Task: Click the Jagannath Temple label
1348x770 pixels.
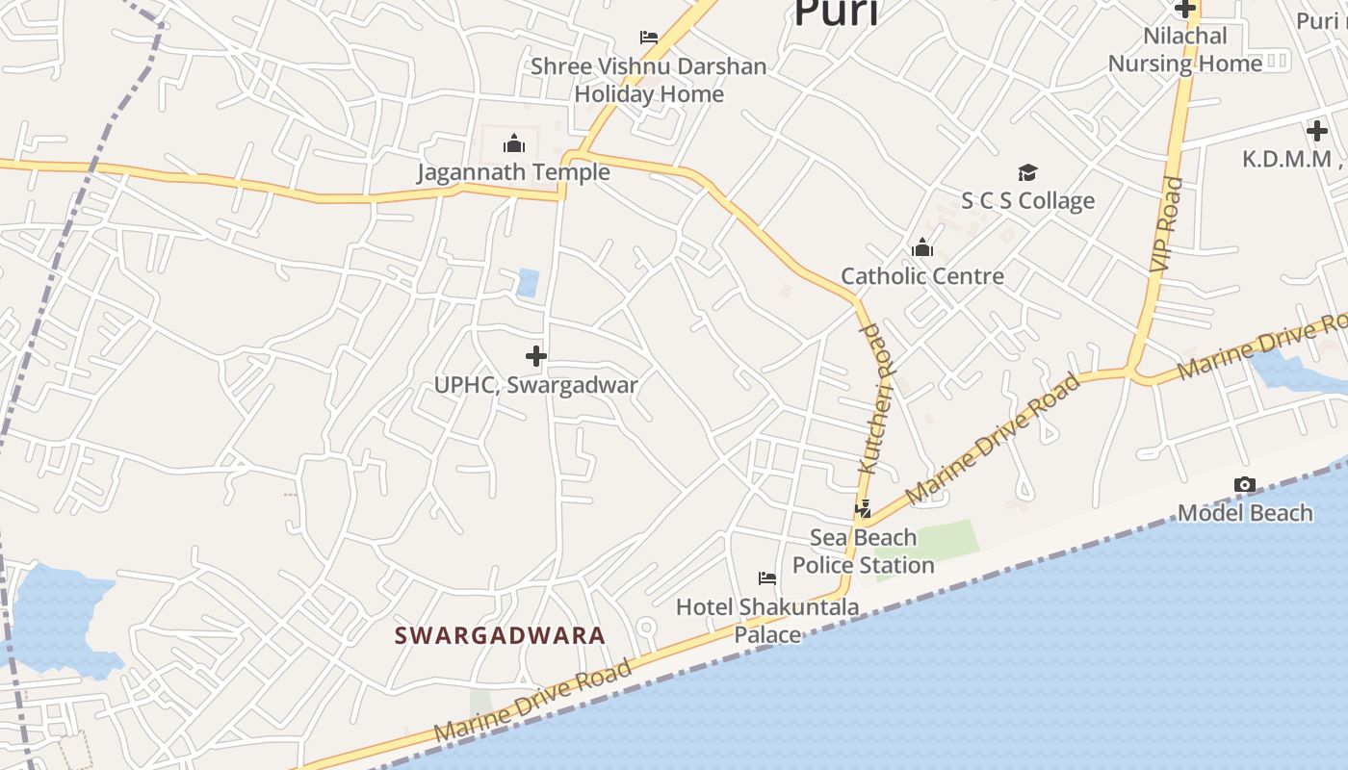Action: [513, 172]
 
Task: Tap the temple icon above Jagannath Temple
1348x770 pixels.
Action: [514, 144]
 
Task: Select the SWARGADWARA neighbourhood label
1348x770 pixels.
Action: [500, 635]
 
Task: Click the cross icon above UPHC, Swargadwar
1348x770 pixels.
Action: [536, 357]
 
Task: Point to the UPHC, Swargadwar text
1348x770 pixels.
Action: [536, 385]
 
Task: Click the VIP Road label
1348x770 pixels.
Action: [1165, 223]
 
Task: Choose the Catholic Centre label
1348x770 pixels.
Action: [922, 276]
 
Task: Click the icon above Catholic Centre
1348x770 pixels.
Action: [922, 248]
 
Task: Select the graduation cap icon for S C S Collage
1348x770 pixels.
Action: [1028, 173]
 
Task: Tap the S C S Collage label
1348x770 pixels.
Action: [1028, 200]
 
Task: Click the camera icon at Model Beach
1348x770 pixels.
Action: [1245, 485]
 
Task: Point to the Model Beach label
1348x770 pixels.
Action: [1245, 513]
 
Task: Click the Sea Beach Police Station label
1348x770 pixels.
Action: [864, 551]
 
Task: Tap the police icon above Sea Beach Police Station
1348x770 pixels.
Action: [864, 509]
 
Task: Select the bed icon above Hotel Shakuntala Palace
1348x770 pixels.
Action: [767, 578]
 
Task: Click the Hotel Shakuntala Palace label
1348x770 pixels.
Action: [767, 621]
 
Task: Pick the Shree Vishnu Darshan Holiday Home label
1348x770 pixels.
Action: [649, 80]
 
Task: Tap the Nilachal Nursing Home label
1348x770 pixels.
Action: [1184, 50]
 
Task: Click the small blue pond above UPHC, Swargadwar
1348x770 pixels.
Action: [528, 283]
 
